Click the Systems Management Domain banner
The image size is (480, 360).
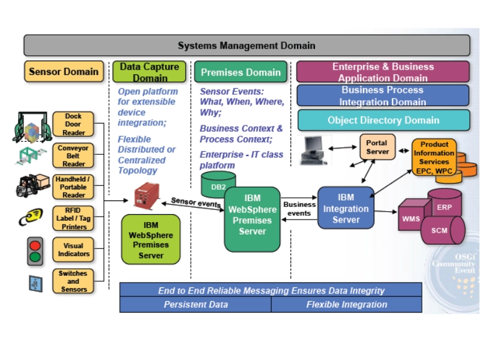pyautogui.click(x=247, y=46)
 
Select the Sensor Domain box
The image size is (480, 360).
pyautogui.click(x=64, y=71)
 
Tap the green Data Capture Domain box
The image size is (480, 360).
pyautogui.click(x=150, y=71)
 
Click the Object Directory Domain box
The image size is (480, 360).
pyautogui.click(x=383, y=120)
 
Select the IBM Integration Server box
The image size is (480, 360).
pyautogui.click(x=346, y=208)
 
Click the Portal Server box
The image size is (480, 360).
pyautogui.click(x=377, y=147)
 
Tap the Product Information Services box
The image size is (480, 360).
pyautogui.click(x=434, y=157)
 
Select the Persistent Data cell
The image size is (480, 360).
pyautogui.click(x=196, y=304)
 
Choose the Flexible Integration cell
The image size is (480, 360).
pyautogui.click(x=346, y=304)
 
